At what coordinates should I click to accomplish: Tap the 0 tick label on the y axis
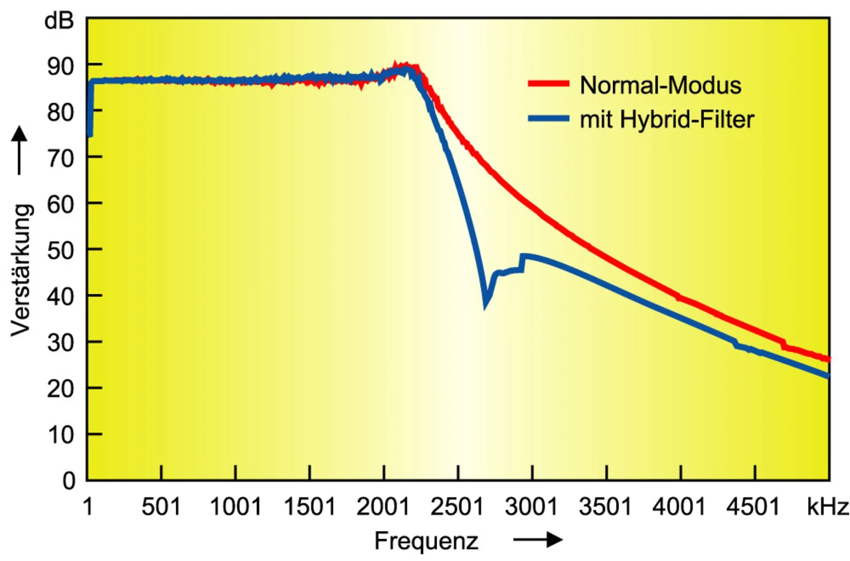coord(69,481)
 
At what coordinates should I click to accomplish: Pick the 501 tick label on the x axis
coord(161,508)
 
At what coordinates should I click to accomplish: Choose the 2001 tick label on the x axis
coord(384,508)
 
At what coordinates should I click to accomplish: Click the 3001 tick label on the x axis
coord(533,508)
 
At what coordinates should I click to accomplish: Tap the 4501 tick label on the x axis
coord(755,508)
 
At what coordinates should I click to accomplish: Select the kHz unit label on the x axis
coord(828,508)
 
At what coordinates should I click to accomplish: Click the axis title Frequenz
coord(426,541)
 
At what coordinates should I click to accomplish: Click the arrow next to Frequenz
coord(537,541)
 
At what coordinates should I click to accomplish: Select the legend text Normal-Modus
coord(660,85)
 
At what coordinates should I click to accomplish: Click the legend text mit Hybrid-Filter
coord(667,120)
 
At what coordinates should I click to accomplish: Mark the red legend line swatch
coord(549,84)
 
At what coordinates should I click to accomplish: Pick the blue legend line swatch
coord(549,120)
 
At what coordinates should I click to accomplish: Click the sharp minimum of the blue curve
coord(486,304)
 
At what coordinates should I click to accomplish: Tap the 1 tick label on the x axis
coord(88,508)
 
